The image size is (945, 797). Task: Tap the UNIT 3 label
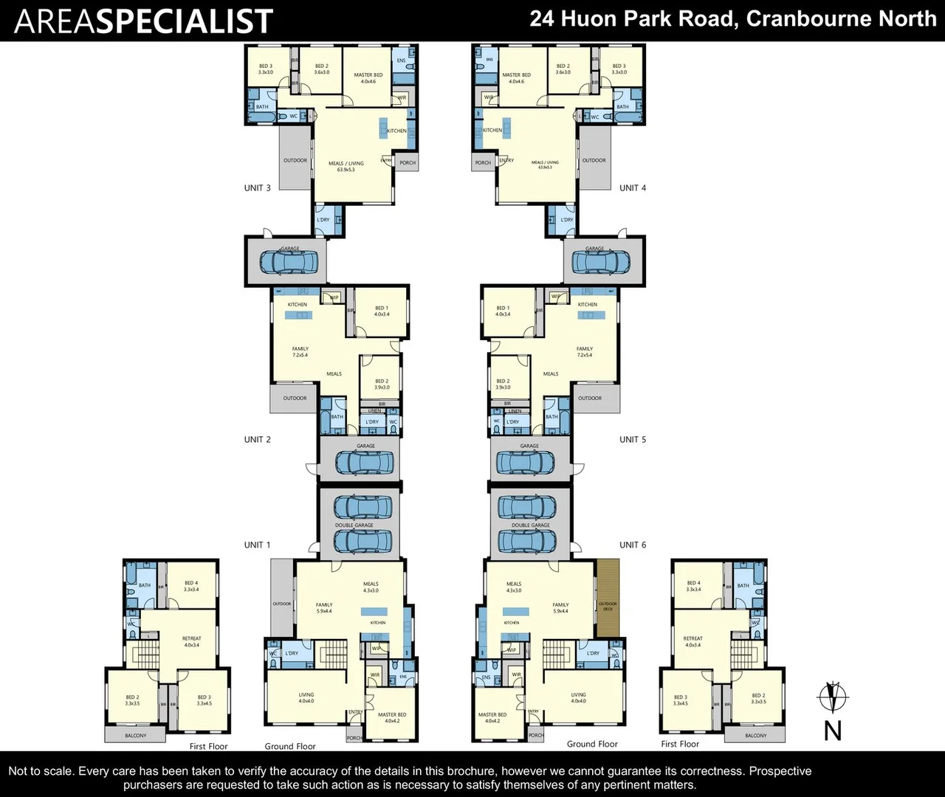(x=257, y=188)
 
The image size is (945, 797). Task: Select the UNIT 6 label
(x=633, y=545)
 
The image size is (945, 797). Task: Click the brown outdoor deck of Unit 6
(x=608, y=598)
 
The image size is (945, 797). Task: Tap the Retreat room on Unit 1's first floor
(x=191, y=641)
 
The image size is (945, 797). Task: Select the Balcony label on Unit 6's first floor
(x=755, y=736)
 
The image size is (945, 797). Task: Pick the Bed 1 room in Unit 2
(x=381, y=311)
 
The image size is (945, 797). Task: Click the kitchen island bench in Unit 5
(x=591, y=315)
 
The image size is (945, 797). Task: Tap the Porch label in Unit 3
(x=408, y=163)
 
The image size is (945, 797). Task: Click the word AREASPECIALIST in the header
(x=144, y=21)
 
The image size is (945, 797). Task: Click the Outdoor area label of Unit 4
(x=594, y=160)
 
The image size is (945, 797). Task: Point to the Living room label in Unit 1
(x=306, y=697)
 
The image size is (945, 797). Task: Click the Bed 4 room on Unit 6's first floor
(x=693, y=586)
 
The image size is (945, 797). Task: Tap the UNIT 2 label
(x=257, y=440)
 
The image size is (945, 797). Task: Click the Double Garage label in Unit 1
(x=354, y=525)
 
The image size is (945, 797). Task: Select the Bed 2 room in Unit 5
(x=503, y=384)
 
